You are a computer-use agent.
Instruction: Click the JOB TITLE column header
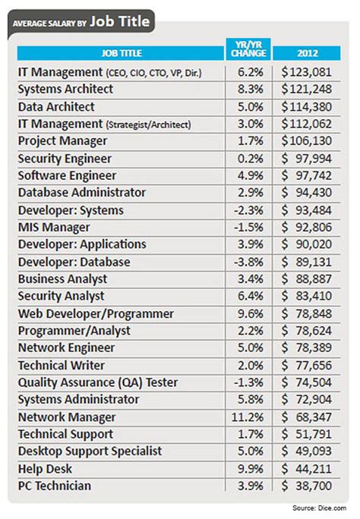click(x=121, y=53)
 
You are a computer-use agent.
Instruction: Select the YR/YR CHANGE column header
click(x=247, y=52)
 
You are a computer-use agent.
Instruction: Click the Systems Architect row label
click(x=67, y=90)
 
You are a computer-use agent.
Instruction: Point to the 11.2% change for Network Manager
click(x=247, y=417)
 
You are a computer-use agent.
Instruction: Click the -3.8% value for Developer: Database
click(x=247, y=262)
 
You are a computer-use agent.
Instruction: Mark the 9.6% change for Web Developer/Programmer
click(x=247, y=313)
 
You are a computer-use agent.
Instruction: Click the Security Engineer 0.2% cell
click(x=247, y=159)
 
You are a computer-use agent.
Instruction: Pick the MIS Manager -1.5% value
click(x=247, y=228)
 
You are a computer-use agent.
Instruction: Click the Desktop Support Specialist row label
click(x=90, y=451)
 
